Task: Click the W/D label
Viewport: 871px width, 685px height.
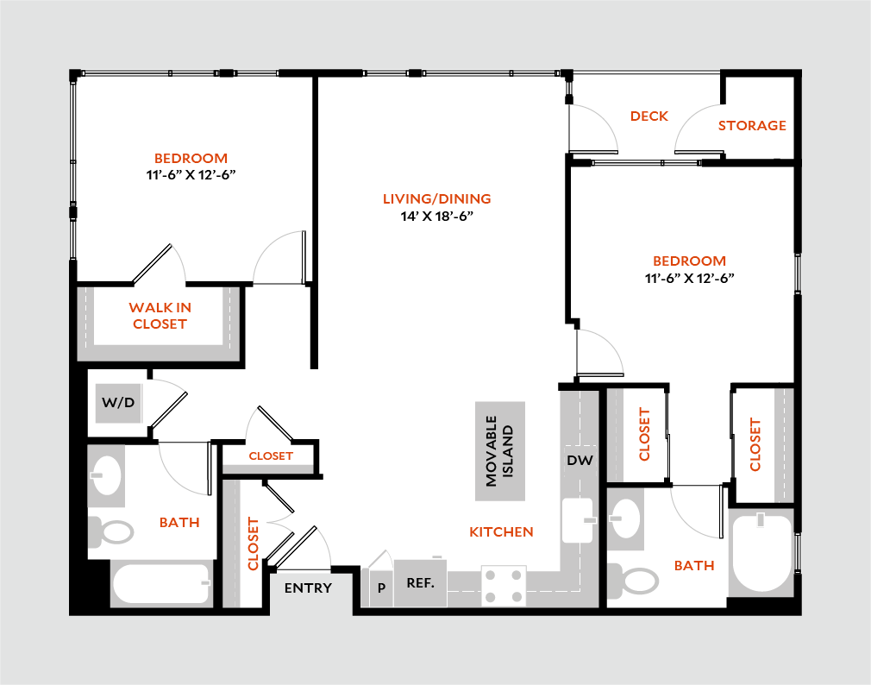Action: [119, 402]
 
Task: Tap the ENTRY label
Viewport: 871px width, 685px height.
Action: [308, 588]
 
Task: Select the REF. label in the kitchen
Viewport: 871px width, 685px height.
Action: [420, 583]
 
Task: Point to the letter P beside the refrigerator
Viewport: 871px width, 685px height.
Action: [381, 588]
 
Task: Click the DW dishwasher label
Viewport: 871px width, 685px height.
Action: [580, 461]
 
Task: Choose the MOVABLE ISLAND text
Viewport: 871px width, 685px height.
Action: [499, 450]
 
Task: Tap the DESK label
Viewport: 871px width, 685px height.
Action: [649, 120]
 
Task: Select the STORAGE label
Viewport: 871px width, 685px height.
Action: [752, 125]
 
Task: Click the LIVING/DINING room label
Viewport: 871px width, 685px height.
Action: [437, 199]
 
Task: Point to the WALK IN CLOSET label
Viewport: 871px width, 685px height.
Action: [160, 316]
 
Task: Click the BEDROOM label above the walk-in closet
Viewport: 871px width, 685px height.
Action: [191, 159]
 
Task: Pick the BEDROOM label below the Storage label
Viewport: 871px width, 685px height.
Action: [689, 261]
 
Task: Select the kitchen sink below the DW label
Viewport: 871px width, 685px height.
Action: [577, 520]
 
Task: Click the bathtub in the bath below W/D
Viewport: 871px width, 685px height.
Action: [161, 584]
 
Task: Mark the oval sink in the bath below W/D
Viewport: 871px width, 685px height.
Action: [107, 475]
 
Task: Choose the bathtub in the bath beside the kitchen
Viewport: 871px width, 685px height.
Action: [761, 552]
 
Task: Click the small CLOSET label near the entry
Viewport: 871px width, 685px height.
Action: [272, 457]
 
